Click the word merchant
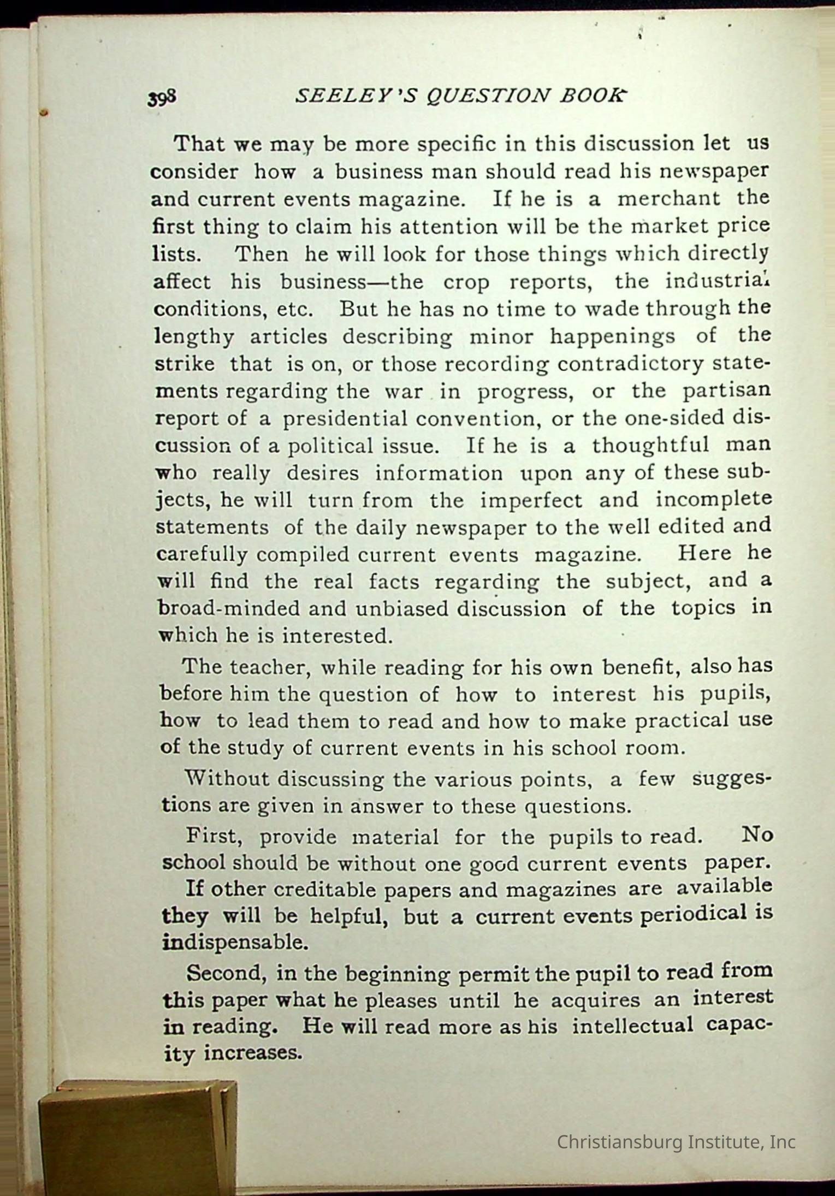(668, 198)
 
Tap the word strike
(185, 364)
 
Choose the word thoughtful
(651, 445)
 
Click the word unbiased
(403, 609)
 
